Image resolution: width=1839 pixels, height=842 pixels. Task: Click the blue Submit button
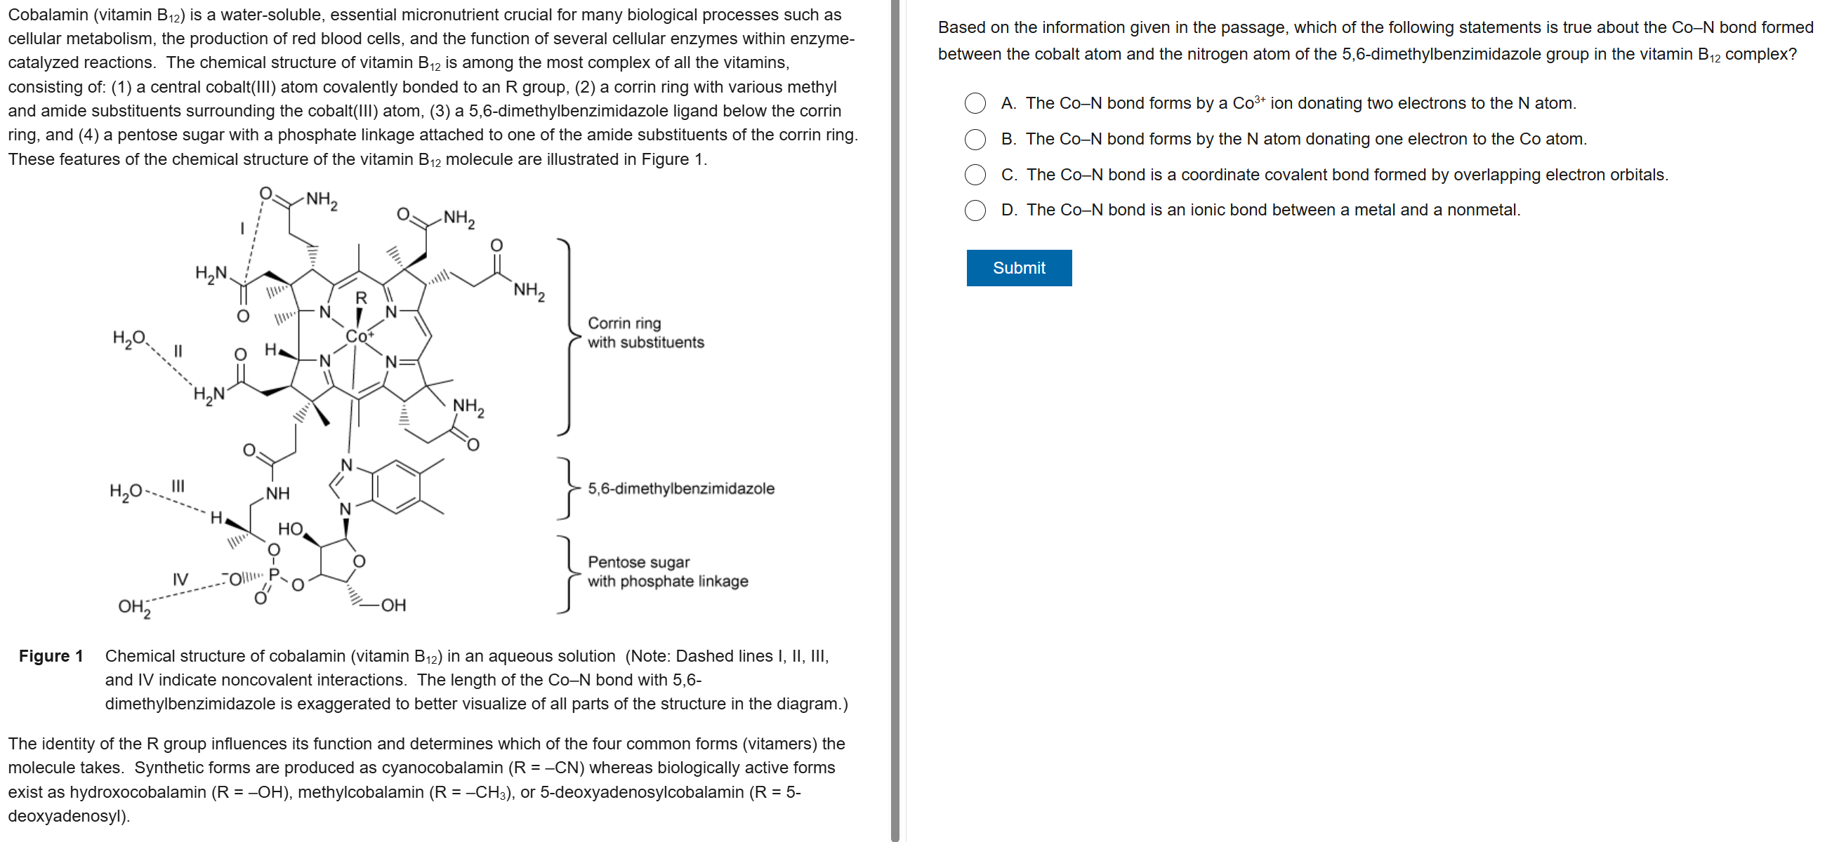(x=1018, y=267)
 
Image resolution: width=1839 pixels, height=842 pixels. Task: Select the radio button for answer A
(x=975, y=103)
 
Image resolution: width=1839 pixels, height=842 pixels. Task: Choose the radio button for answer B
(x=975, y=139)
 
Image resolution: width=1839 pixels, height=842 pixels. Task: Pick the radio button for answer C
(x=975, y=175)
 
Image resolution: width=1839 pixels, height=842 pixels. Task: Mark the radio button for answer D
(x=975, y=210)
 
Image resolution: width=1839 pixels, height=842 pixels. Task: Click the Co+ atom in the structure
(x=358, y=335)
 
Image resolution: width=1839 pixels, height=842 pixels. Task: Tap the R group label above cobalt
(x=361, y=298)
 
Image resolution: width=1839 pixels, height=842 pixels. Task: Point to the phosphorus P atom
(x=273, y=574)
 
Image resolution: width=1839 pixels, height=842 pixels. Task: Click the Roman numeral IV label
(x=180, y=579)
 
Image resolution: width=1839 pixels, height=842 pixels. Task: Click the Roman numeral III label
(x=178, y=486)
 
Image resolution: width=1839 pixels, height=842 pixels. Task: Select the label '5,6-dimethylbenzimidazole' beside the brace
(x=680, y=489)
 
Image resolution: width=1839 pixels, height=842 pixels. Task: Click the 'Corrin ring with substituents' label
(x=645, y=333)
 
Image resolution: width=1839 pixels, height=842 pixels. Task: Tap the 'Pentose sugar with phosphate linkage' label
(x=668, y=572)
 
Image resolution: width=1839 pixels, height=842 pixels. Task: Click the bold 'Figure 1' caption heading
(x=51, y=656)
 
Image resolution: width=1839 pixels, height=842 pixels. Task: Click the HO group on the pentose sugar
(x=290, y=529)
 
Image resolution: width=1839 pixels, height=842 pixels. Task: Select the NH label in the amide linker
(x=277, y=493)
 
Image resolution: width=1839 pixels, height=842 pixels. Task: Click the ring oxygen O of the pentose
(x=359, y=561)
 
